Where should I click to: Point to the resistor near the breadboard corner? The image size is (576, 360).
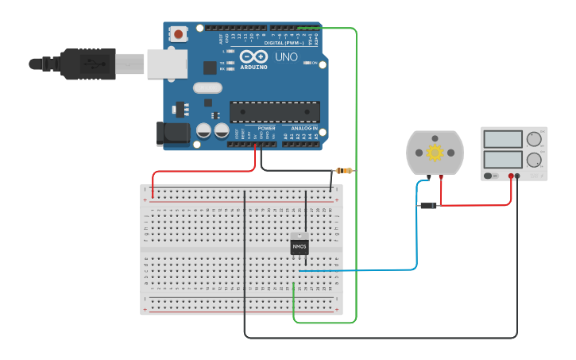344,171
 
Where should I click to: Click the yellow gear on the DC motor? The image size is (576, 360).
435,153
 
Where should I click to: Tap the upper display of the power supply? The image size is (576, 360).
502,139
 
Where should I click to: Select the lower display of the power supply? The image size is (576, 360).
502,159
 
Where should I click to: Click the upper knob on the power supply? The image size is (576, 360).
534,139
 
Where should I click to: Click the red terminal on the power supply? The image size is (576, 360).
511,176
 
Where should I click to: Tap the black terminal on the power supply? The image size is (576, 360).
518,176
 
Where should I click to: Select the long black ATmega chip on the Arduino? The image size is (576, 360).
275,112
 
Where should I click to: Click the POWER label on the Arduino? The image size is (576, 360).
266,128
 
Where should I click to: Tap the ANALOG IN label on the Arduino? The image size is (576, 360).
303,128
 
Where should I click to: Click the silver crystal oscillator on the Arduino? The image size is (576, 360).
207,87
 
